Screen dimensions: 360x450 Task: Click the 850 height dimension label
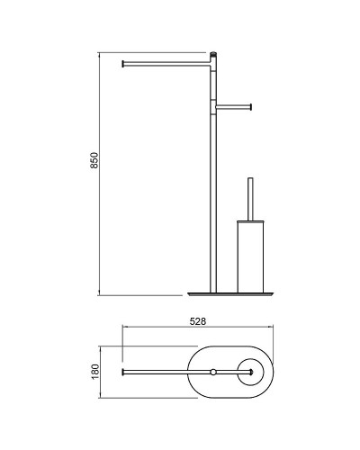[x=94, y=160]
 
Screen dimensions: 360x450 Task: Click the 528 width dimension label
[x=198, y=321]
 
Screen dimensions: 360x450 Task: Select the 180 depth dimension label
[x=94, y=372]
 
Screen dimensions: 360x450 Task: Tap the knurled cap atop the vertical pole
[x=213, y=55]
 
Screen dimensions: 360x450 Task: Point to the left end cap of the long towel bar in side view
[x=122, y=64]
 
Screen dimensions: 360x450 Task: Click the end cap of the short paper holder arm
[x=250, y=107]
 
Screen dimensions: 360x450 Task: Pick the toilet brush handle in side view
[x=250, y=199]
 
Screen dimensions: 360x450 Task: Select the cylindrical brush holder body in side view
[x=250, y=256]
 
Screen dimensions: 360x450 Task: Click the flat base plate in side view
[x=230, y=294]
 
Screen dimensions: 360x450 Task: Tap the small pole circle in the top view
[x=213, y=373]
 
